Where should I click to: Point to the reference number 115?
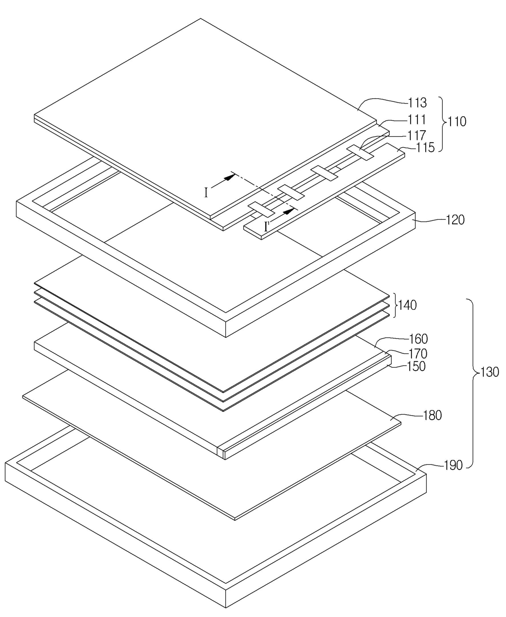[x=425, y=147]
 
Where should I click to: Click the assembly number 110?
[x=457, y=122]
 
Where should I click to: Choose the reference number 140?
[x=407, y=305]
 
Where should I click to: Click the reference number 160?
[x=418, y=339]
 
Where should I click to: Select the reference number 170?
[x=418, y=353]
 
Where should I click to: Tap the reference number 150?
[x=416, y=366]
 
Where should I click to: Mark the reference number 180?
[x=432, y=416]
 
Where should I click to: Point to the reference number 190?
[x=453, y=465]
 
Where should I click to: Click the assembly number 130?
[x=490, y=372]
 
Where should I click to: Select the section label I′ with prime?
[x=267, y=226]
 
